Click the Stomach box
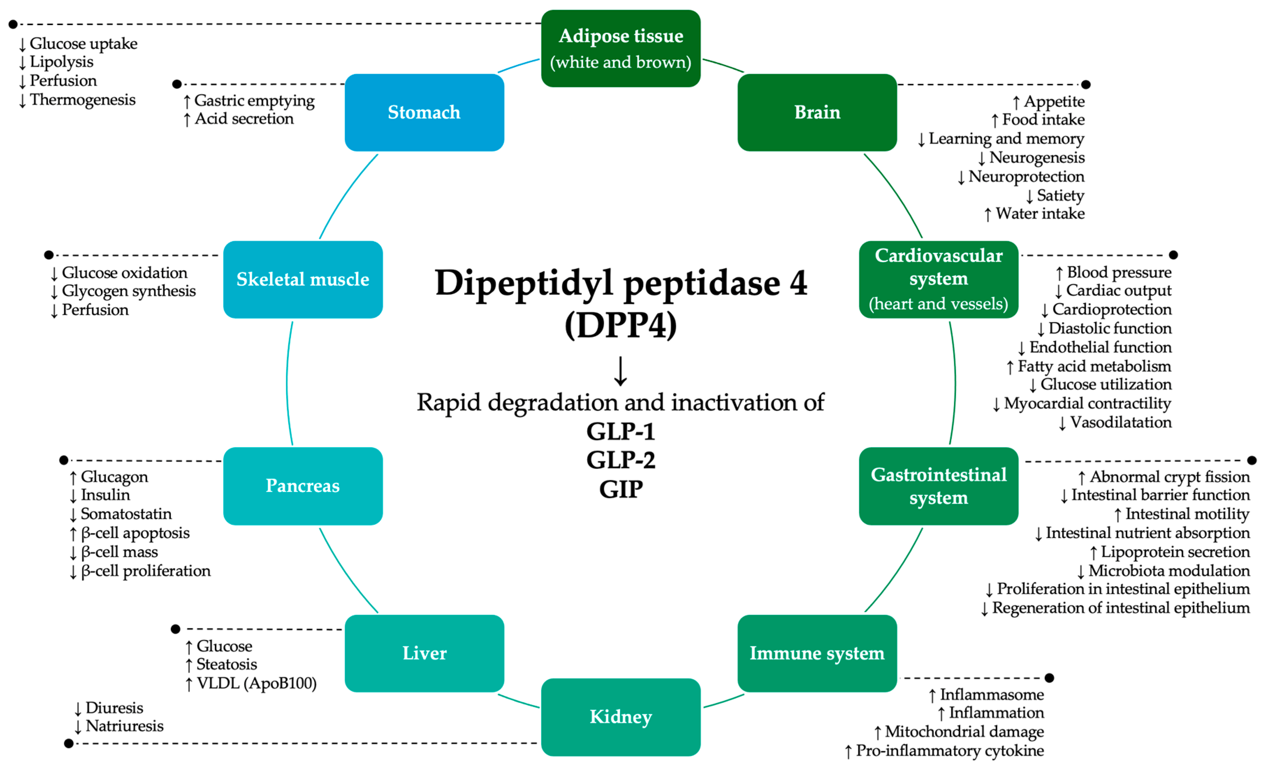pos(424,112)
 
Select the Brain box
pos(817,112)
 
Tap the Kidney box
pos(621,717)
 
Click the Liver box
pos(424,653)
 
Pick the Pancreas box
pos(303,486)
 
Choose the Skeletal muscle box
pos(303,279)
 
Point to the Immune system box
pos(817,653)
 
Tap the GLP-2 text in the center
pos(621,460)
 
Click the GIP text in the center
pos(621,489)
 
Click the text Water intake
pos(1040,214)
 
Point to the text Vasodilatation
pos(1120,422)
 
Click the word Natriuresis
pos(124,726)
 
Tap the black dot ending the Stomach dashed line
pos(177,84)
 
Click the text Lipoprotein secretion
pos(1175,552)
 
